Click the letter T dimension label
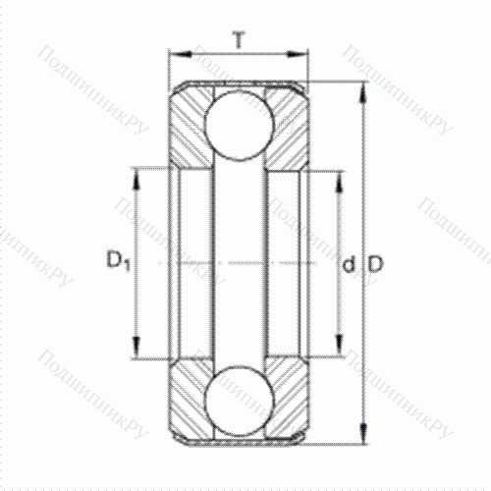click(239, 39)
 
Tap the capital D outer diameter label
click(376, 265)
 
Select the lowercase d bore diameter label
click(349, 265)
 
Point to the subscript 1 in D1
click(127, 267)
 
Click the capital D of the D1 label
click(113, 262)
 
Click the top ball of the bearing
click(239, 126)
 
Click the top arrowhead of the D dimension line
click(362, 91)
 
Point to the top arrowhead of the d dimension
click(341, 178)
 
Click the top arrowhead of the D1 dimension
click(137, 177)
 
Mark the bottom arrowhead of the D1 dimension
click(137, 352)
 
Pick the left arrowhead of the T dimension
click(175, 55)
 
